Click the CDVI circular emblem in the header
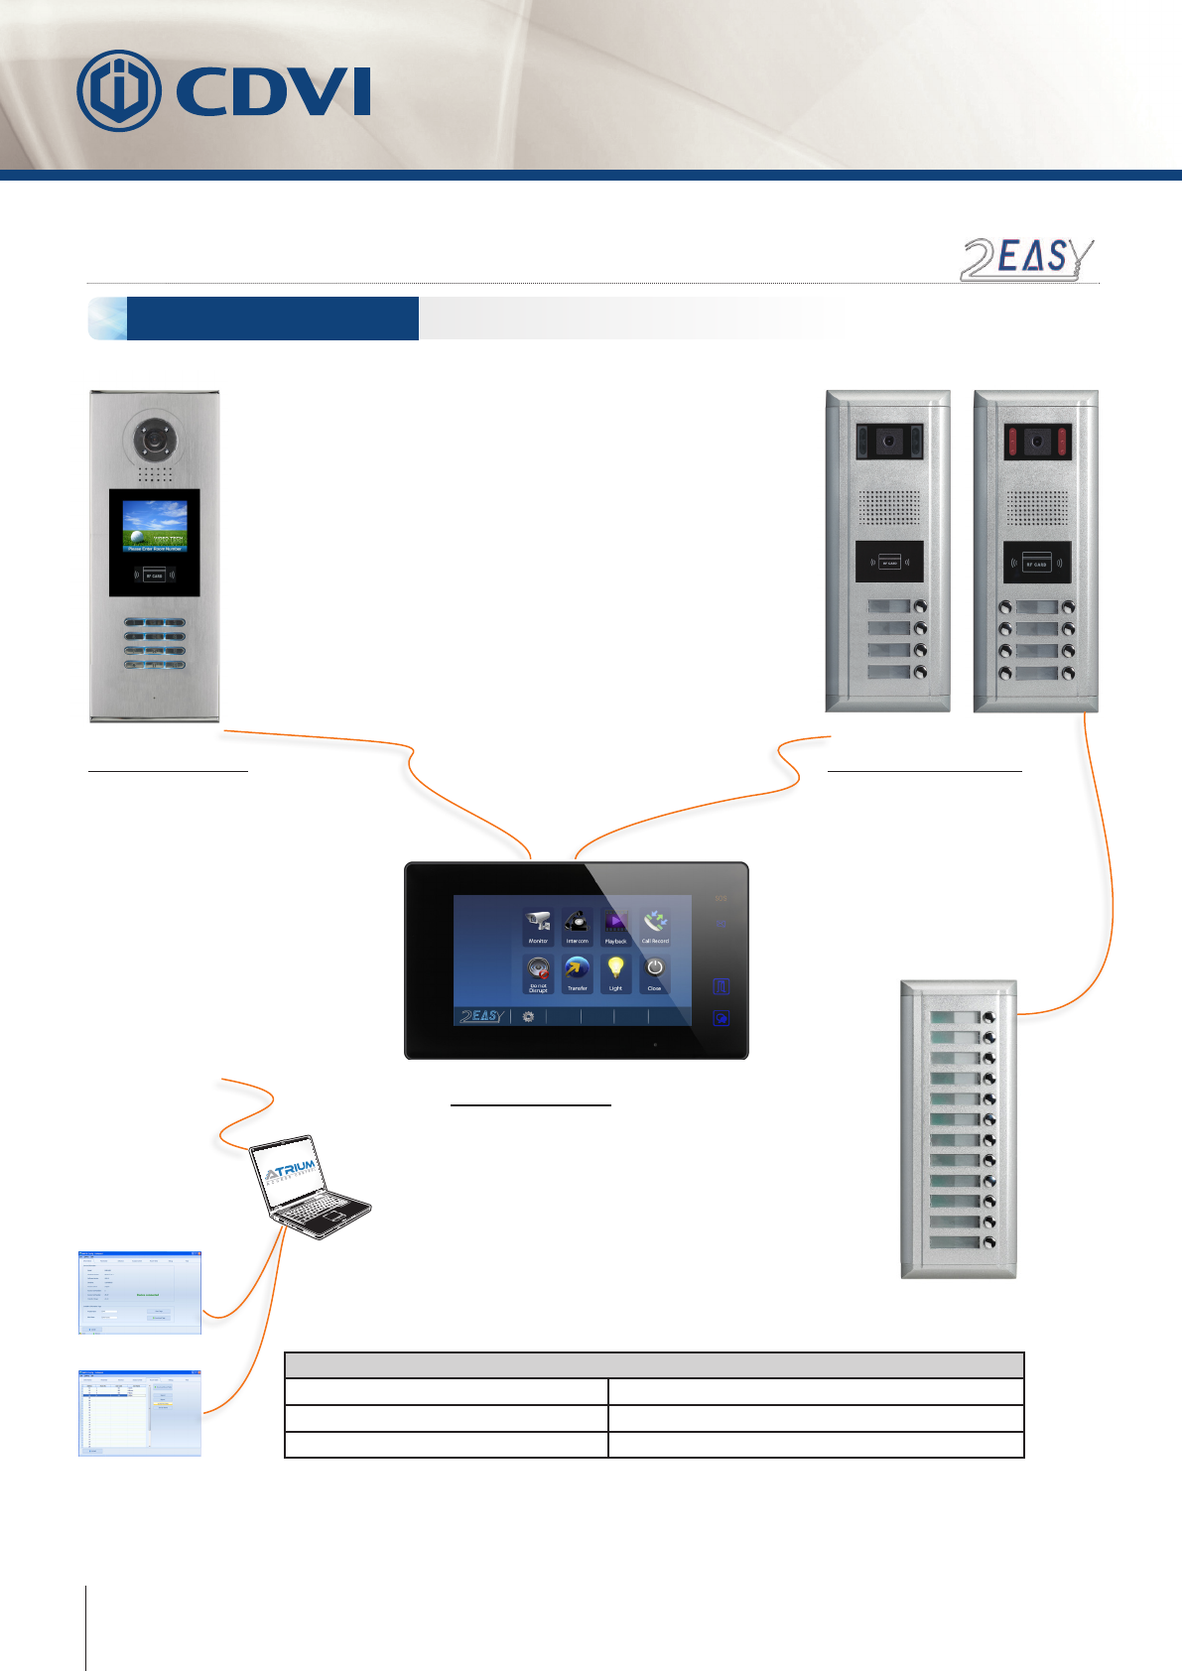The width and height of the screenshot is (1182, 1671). (119, 91)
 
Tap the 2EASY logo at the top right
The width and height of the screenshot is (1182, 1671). (1026, 259)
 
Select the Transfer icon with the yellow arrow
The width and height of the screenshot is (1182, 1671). (577, 969)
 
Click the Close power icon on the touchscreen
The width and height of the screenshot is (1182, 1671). (654, 968)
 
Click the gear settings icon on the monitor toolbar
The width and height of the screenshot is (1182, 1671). (528, 1017)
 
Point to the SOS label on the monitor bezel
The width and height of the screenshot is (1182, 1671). (722, 899)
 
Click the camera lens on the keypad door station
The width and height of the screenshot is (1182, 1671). (153, 438)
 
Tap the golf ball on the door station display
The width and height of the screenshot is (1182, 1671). (137, 533)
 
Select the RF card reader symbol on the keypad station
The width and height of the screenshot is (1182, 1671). (154, 576)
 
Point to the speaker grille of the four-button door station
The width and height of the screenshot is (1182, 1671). (889, 509)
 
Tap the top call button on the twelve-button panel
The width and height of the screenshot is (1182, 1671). (988, 1018)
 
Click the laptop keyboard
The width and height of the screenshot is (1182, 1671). (318, 1213)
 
